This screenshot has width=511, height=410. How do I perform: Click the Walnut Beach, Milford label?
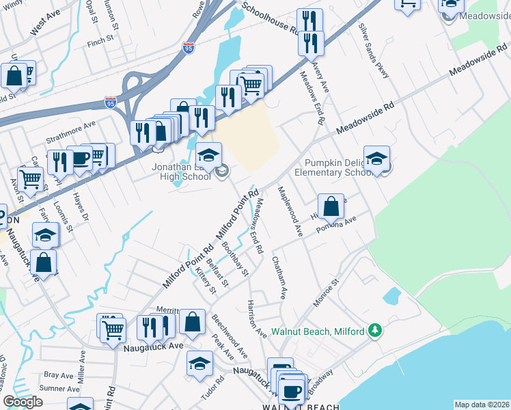tap(318, 332)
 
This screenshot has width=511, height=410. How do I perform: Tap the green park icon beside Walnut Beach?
tap(374, 331)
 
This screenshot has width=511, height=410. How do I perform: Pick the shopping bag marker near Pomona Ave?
tap(331, 206)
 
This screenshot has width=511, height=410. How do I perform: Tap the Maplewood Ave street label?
tap(290, 211)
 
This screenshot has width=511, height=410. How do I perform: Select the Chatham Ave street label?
tap(277, 277)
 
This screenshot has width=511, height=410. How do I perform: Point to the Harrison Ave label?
tap(257, 318)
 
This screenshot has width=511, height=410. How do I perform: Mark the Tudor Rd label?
tap(213, 388)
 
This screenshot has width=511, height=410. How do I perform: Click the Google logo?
tap(23, 402)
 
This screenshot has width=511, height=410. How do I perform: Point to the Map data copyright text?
tap(482, 405)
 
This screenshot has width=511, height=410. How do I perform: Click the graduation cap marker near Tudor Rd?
tap(199, 364)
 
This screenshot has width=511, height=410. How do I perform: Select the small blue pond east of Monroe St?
tap(392, 296)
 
